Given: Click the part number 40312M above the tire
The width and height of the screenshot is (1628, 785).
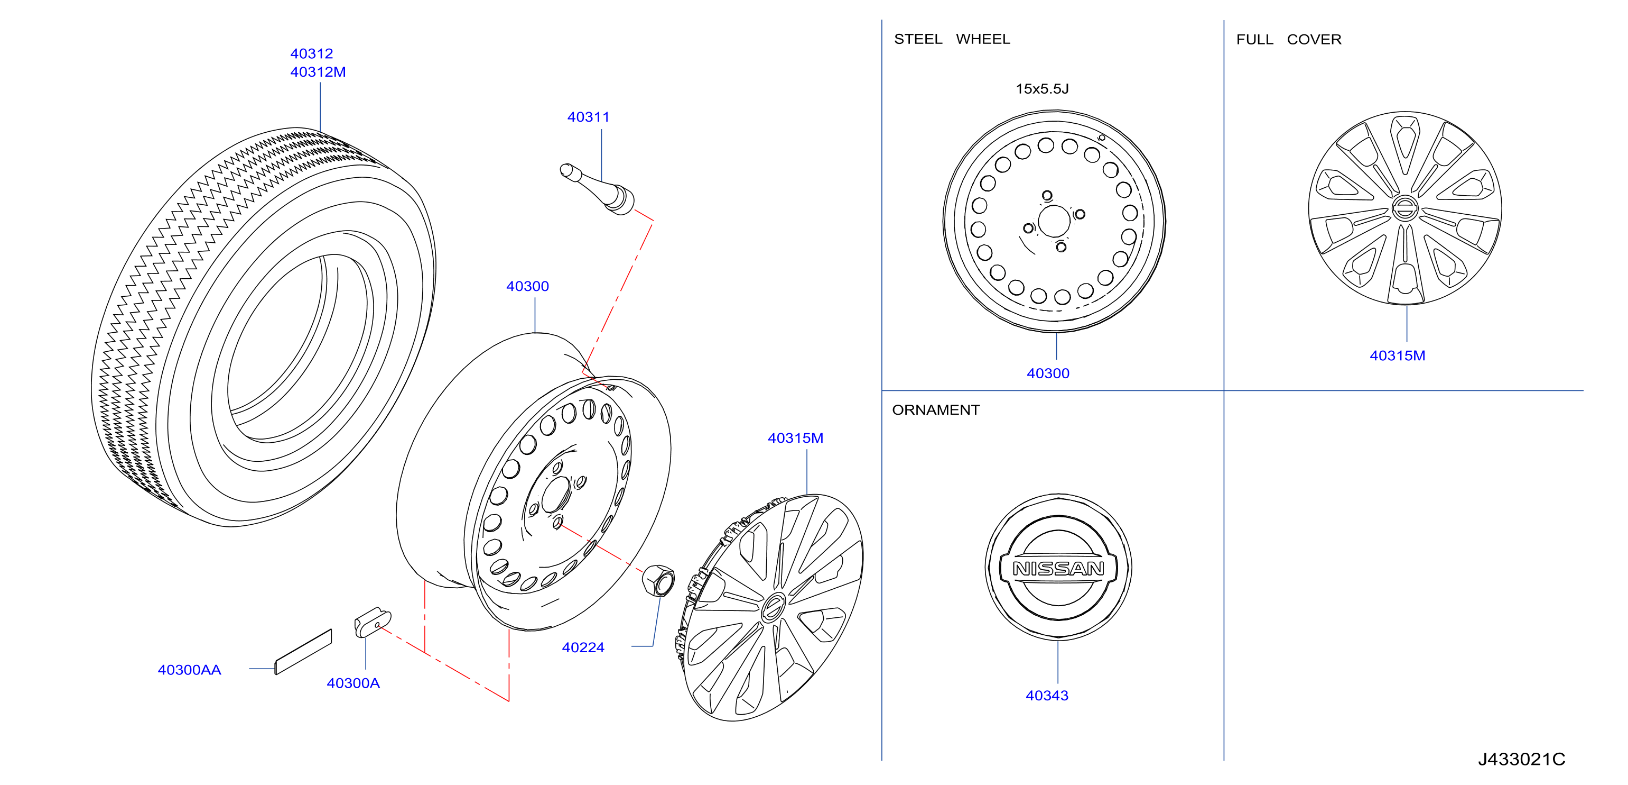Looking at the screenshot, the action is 318,72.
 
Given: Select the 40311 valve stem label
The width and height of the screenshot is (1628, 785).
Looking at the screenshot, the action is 589,117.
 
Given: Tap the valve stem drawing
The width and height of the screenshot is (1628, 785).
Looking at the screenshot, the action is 597,188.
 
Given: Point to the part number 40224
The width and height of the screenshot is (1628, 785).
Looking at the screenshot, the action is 583,648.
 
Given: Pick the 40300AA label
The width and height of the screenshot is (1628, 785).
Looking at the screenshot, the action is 190,670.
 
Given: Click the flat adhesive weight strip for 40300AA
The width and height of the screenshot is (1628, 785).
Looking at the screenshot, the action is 303,652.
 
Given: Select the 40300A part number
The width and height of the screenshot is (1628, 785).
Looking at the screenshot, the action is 353,683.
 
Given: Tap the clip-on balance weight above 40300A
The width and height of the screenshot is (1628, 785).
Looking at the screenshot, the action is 373,623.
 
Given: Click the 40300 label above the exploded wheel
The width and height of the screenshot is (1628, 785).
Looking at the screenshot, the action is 528,287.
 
